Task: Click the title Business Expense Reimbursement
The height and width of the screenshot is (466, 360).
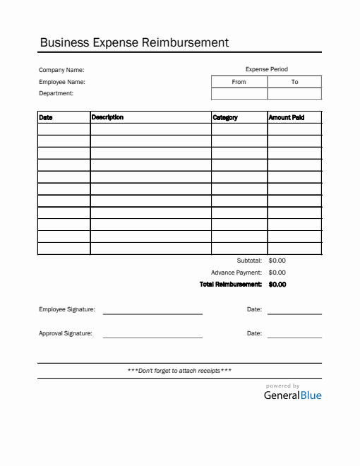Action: click(134, 42)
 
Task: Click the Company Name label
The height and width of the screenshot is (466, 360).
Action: click(61, 70)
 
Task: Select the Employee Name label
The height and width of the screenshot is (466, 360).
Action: click(62, 82)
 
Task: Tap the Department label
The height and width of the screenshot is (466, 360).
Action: click(56, 93)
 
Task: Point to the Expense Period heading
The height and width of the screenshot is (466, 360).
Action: click(266, 69)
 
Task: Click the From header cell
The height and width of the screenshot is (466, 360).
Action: click(239, 82)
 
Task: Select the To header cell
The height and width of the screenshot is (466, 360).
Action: click(294, 82)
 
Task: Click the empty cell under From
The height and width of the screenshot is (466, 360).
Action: click(239, 93)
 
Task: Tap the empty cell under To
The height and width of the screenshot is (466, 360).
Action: click(294, 93)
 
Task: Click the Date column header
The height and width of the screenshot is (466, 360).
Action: click(46, 117)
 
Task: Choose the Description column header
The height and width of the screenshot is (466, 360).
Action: click(107, 117)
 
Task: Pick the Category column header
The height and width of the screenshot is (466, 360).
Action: click(225, 117)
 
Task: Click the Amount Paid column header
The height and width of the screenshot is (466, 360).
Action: click(287, 117)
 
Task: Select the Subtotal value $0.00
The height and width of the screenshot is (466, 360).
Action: click(277, 261)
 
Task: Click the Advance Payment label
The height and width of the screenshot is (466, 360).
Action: click(236, 273)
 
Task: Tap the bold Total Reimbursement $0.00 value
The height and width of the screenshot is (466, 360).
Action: click(277, 285)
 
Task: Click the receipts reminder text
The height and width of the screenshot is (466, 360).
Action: click(179, 371)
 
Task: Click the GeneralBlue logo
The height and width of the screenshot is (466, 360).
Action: click(292, 395)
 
